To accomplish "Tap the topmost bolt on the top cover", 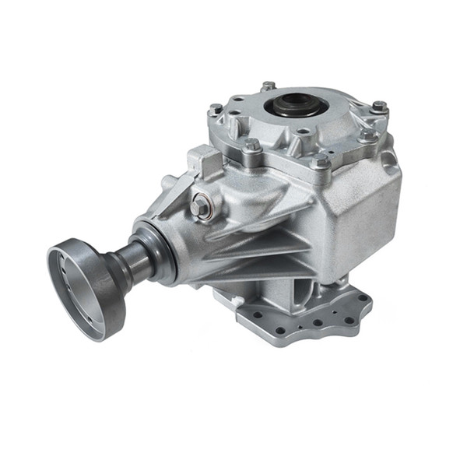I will pyautogui.click(x=269, y=86).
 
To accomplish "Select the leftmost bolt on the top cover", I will pyautogui.click(x=215, y=110).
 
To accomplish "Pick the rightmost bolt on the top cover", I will pyautogui.click(x=378, y=107).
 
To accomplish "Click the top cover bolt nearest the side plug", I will pyautogui.click(x=251, y=146).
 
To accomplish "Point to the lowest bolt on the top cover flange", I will pyautogui.click(x=320, y=161).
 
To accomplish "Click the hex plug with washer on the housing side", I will pyautogui.click(x=202, y=205).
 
